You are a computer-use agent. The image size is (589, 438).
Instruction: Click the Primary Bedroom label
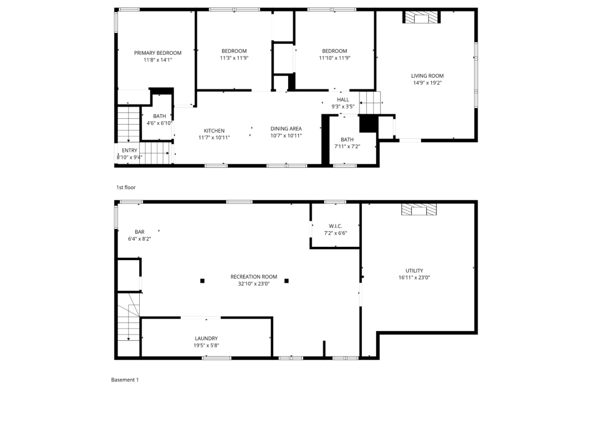click(x=158, y=53)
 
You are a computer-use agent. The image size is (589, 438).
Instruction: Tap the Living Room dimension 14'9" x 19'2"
click(x=427, y=83)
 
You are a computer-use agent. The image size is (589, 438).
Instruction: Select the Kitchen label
click(x=214, y=131)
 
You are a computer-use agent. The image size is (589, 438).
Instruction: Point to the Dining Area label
click(x=286, y=129)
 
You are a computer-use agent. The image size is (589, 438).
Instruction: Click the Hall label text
click(x=343, y=100)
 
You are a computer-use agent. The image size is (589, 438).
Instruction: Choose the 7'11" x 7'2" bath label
click(x=347, y=143)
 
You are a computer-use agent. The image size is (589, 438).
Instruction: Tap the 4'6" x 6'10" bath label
click(x=159, y=120)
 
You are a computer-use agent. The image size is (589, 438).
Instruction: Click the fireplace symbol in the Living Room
click(x=421, y=18)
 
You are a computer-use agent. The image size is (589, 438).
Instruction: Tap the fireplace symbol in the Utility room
click(x=419, y=210)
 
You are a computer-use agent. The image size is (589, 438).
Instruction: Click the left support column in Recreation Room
click(x=202, y=281)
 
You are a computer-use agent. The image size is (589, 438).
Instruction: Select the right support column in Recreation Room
click(x=287, y=281)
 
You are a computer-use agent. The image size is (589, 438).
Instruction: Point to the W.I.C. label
click(x=335, y=226)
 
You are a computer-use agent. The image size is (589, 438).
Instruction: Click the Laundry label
click(x=206, y=338)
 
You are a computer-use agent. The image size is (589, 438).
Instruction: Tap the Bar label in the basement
click(x=140, y=232)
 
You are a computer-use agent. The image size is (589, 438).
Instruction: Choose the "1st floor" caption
click(x=126, y=187)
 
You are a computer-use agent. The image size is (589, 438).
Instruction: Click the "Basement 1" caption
click(x=125, y=379)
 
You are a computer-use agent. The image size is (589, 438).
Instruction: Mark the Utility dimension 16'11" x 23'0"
click(x=414, y=277)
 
